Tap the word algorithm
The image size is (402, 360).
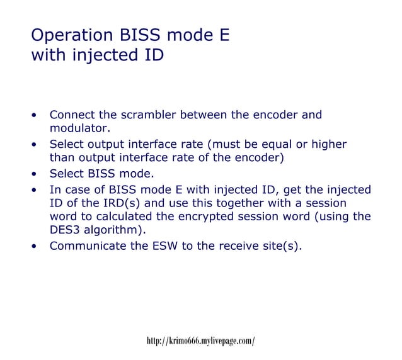(x=114, y=231)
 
